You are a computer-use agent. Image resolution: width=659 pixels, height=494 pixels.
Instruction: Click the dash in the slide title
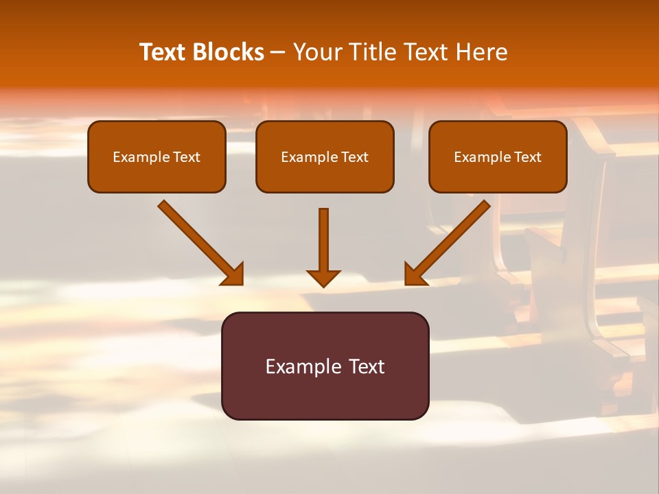point(279,53)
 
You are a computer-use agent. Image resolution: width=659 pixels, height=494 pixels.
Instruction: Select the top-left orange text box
point(157,156)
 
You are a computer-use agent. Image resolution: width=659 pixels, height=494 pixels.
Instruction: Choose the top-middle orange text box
point(325,156)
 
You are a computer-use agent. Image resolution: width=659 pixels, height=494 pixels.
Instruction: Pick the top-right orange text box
point(498,156)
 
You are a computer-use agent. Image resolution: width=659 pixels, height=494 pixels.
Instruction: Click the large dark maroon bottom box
point(325,366)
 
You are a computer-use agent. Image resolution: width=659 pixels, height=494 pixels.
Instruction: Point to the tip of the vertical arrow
point(323,285)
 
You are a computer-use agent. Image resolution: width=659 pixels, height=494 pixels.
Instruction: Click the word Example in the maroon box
point(296,366)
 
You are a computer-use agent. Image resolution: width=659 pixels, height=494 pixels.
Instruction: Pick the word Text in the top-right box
point(528,157)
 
